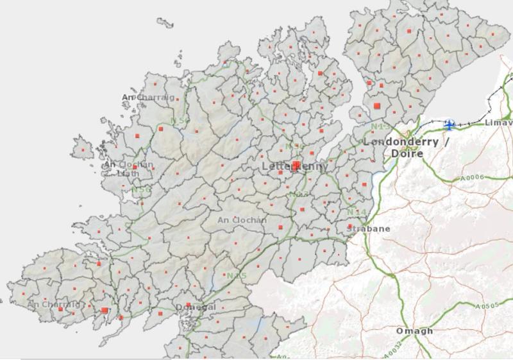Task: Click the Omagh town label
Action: point(414,331)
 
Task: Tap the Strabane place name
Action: point(368,228)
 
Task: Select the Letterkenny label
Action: point(295,167)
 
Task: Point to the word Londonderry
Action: point(401,142)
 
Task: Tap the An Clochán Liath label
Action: point(128,169)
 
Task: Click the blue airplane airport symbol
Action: point(450,124)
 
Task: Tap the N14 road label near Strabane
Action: point(357,212)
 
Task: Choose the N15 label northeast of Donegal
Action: point(236,276)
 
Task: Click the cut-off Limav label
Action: point(498,123)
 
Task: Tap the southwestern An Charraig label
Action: point(54,304)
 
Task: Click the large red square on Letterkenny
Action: point(296,166)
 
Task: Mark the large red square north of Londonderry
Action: point(378,104)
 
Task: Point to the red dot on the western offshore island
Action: point(83,151)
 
